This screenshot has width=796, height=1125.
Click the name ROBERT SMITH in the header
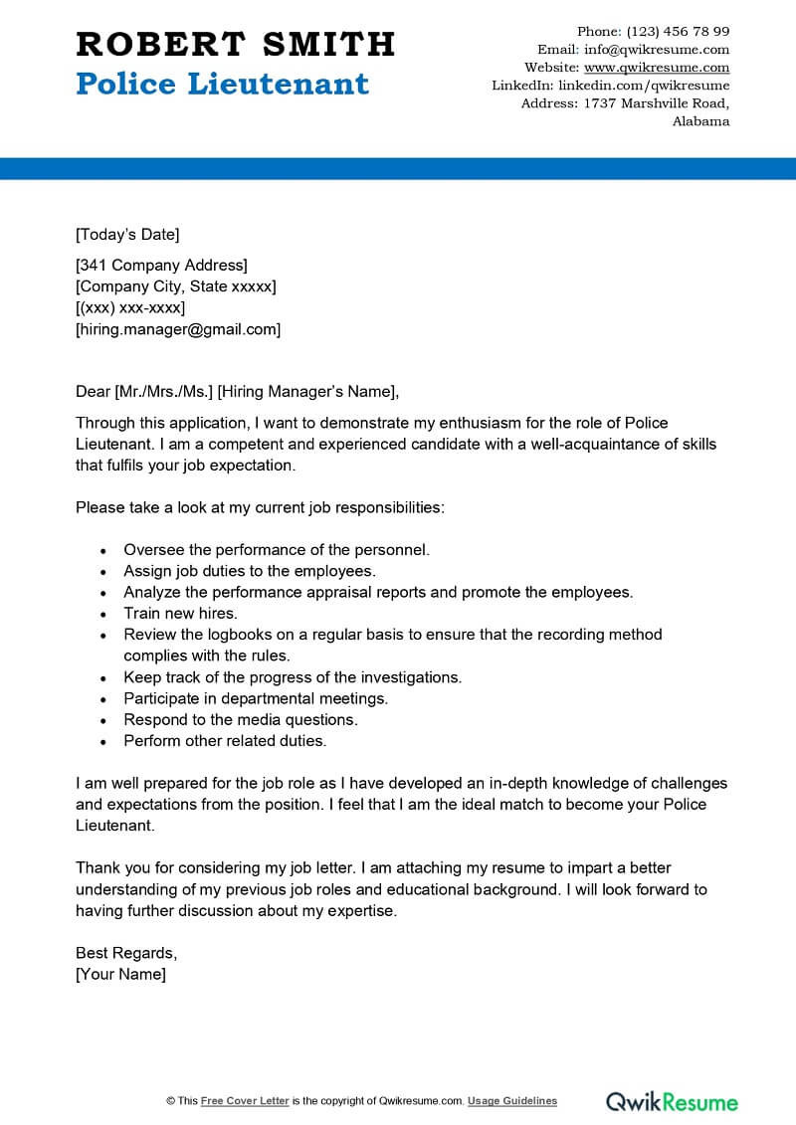(x=236, y=44)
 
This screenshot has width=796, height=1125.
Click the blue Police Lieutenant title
(x=222, y=84)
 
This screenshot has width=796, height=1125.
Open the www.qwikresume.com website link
(x=657, y=68)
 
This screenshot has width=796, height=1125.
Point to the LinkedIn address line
(x=611, y=86)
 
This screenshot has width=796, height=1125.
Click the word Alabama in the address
(x=700, y=121)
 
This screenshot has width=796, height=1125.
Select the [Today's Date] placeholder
(x=127, y=235)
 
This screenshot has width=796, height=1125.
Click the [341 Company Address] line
(x=161, y=265)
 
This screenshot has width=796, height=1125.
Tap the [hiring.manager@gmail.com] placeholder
(x=178, y=329)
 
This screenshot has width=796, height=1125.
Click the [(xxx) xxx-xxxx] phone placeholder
(x=130, y=308)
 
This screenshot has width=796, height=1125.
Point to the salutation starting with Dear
(x=238, y=391)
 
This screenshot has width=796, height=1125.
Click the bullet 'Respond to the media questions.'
(x=240, y=719)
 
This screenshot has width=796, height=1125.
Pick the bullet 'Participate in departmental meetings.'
(x=256, y=698)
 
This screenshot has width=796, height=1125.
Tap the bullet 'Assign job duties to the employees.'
(x=249, y=571)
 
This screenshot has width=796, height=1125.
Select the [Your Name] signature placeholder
(x=120, y=974)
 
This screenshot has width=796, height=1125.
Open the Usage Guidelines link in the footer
(x=512, y=1101)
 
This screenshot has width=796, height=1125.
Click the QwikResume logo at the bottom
(x=673, y=1101)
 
